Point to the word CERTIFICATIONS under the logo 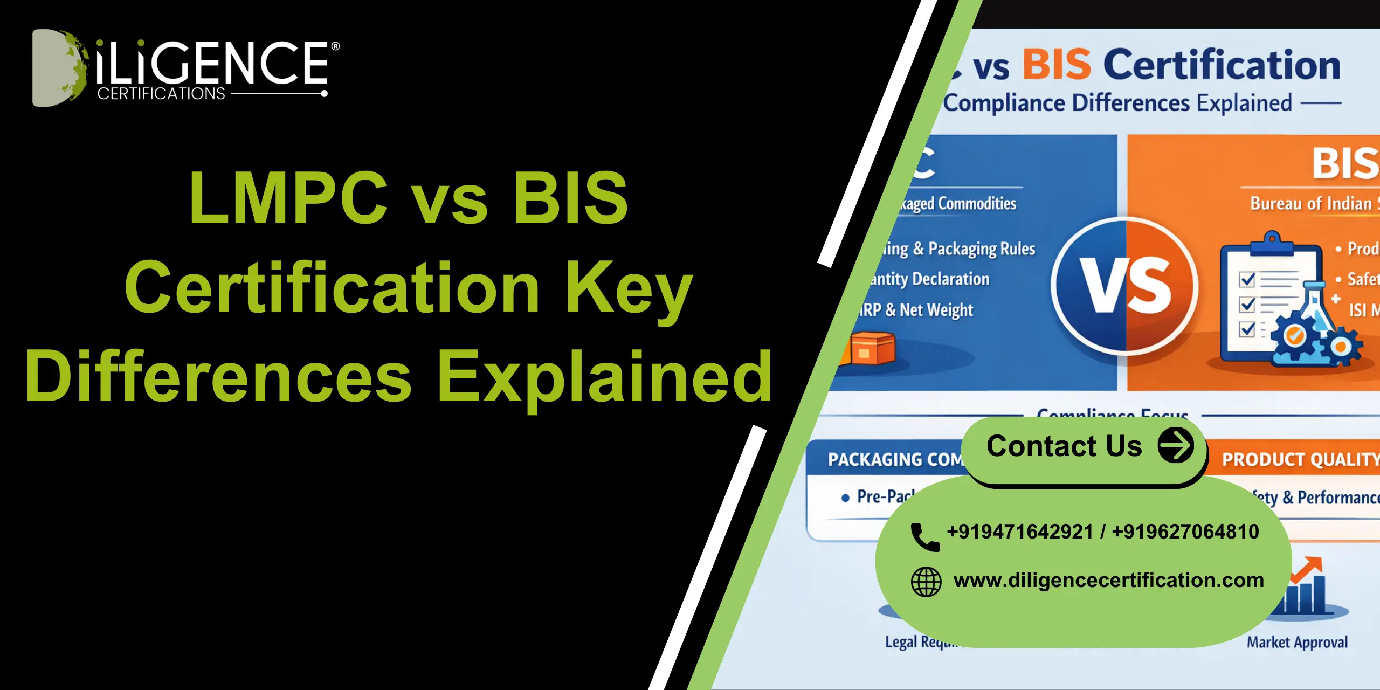pyautogui.click(x=161, y=94)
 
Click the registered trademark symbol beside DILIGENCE pyautogui.click(x=335, y=46)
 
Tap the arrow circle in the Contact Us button pyautogui.click(x=1176, y=445)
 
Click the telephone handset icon pyautogui.click(x=924, y=536)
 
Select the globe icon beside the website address pyautogui.click(x=926, y=582)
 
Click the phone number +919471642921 pyautogui.click(x=1020, y=532)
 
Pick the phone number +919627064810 pyautogui.click(x=1185, y=532)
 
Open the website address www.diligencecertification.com pyautogui.click(x=1108, y=580)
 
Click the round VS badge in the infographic pyautogui.click(x=1125, y=286)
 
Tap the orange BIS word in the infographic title pyautogui.click(x=1057, y=65)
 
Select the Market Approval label pyautogui.click(x=1297, y=642)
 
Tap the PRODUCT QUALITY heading pyautogui.click(x=1299, y=459)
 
